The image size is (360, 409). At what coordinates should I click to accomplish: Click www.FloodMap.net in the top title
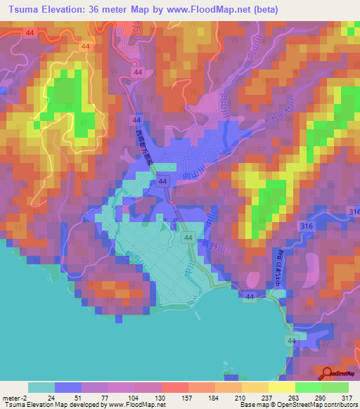pos(217,10)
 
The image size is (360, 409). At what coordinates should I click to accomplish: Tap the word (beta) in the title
pos(266,10)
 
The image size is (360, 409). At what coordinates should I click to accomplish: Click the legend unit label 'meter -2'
pos(15,397)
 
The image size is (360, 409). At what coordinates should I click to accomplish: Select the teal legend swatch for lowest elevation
pos(41,387)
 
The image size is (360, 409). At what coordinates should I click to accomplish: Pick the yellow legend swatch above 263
pos(282,387)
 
